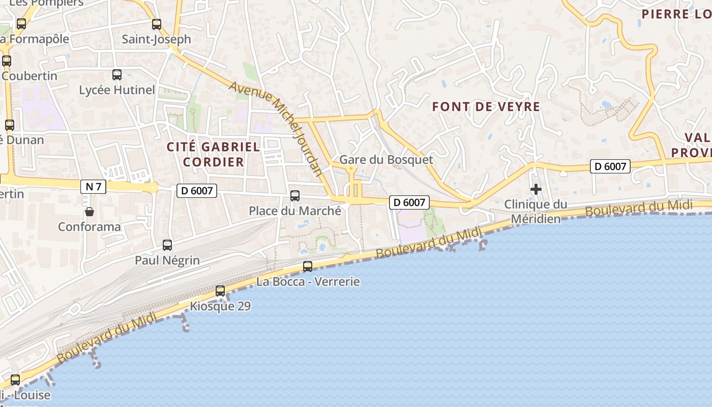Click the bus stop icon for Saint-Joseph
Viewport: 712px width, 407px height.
point(157,24)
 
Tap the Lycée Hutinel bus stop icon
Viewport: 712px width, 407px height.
point(117,75)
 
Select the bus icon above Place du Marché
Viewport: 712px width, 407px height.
point(295,195)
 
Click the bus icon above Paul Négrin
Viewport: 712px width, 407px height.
point(167,245)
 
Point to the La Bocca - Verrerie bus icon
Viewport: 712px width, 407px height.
point(308,266)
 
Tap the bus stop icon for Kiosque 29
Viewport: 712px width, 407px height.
point(220,291)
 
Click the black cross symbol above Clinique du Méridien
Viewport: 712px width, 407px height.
point(536,190)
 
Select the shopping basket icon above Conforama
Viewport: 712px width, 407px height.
point(90,212)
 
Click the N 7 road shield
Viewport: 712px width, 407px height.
point(93,187)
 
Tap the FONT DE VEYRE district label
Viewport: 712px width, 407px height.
point(486,107)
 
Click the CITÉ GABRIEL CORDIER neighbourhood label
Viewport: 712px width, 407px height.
point(214,155)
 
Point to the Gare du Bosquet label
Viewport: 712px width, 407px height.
point(386,160)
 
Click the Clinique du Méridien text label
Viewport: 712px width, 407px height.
point(536,212)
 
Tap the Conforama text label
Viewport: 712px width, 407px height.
point(90,227)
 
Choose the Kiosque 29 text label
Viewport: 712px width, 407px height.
point(220,306)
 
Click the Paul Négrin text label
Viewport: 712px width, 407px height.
point(167,260)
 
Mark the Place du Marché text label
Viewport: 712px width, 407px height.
point(295,211)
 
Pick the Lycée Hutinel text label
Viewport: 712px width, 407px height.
point(117,90)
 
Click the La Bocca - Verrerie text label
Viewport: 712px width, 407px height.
point(308,281)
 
